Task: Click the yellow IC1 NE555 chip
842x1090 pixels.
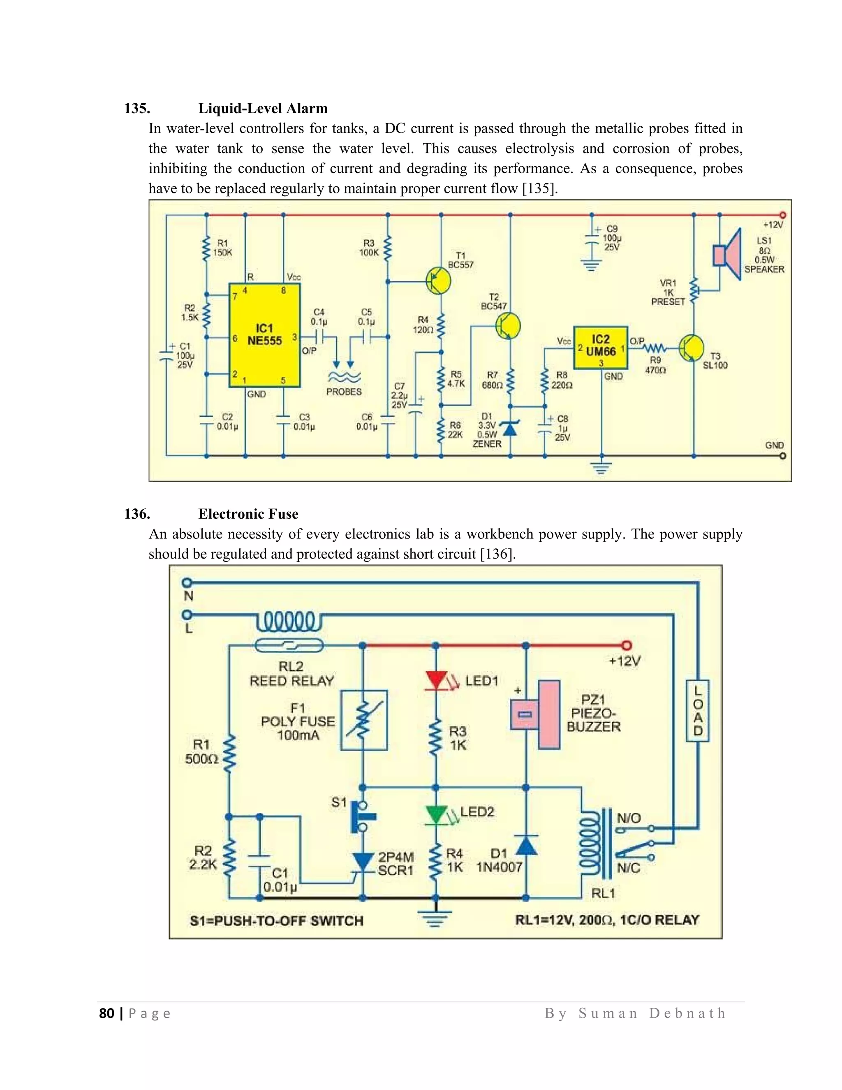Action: coord(264,335)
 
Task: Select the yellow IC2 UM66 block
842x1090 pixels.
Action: coord(600,348)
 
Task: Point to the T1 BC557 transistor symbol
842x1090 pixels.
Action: coord(438,281)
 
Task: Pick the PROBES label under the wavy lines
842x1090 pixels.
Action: coord(344,392)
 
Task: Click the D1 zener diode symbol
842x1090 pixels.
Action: coord(510,428)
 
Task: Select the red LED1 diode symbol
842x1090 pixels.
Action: coord(435,681)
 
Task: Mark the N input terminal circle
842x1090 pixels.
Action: coord(187,582)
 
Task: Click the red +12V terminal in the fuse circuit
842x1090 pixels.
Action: coord(627,645)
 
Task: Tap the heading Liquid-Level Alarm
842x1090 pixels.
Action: coord(263,108)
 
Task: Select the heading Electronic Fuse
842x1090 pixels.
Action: coord(248,514)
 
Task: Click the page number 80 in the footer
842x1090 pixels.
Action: coord(107,1013)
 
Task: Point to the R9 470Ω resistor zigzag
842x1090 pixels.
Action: coord(655,348)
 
